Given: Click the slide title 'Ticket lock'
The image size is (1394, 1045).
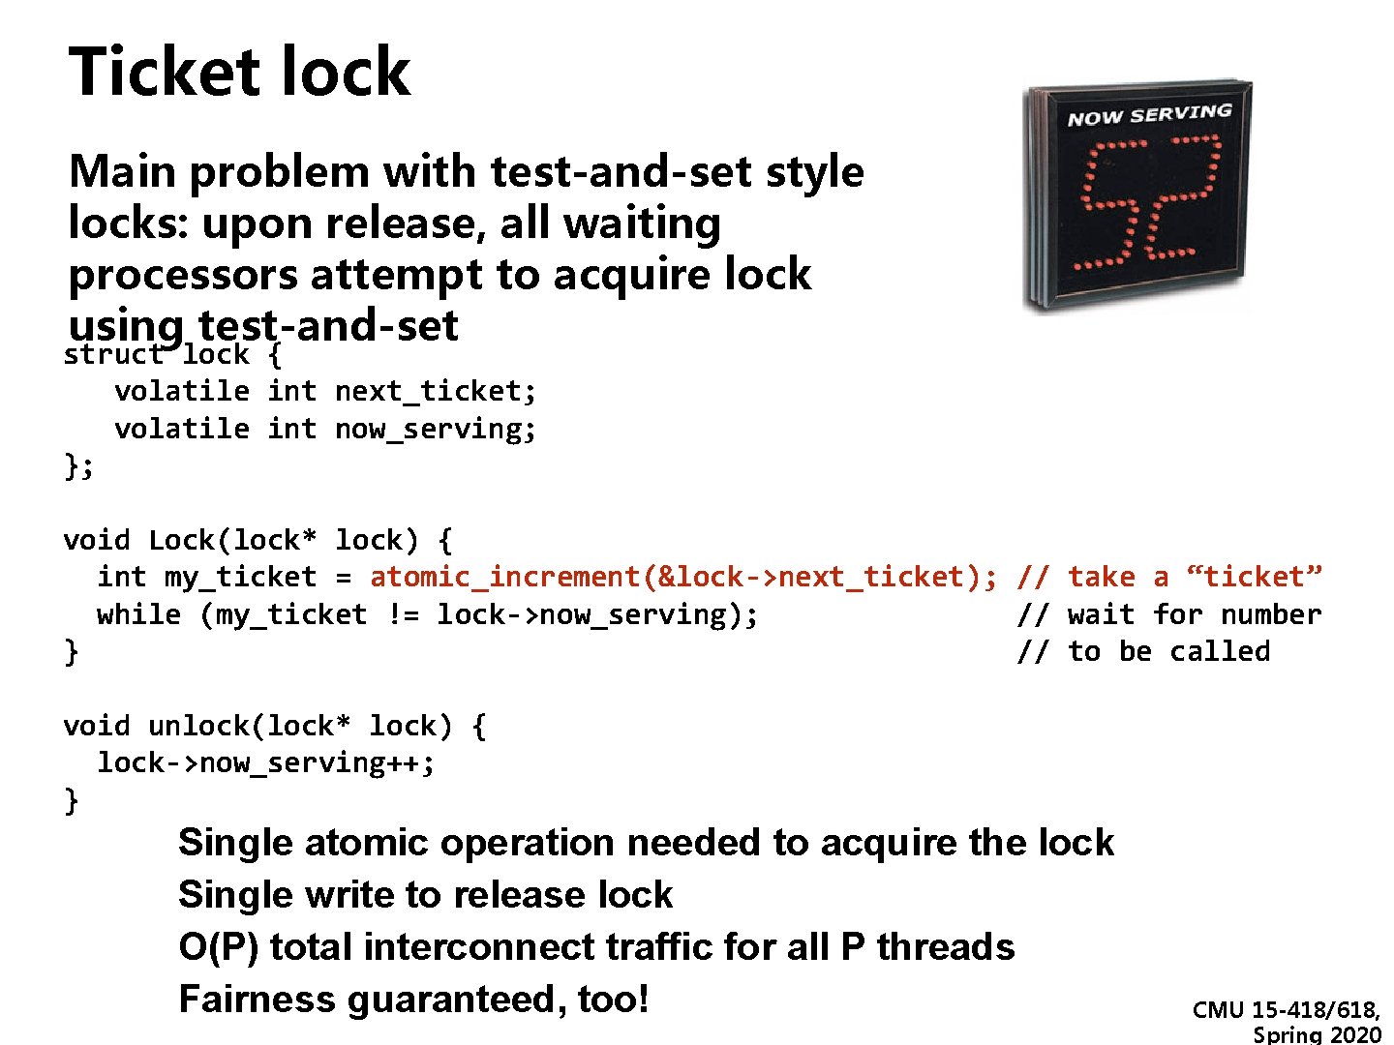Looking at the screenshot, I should pos(239,72).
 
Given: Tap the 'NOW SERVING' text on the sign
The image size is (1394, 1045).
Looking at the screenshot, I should pos(1149,115).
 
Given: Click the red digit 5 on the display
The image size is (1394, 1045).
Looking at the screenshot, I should pos(1111,203).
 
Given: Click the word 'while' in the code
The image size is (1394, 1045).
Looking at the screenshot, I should pos(138,614).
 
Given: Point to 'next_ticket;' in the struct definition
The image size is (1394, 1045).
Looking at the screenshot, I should pos(435,391).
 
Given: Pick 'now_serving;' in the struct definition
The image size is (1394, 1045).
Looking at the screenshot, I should pos(435,429).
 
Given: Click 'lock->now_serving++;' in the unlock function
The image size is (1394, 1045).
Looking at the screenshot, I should pos(266,762).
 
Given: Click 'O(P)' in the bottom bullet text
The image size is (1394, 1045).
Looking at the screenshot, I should pos(219,946).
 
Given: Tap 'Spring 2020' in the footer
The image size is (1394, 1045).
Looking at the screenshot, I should pos(1317,1034).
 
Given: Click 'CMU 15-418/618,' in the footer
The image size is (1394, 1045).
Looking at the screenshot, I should pos(1287,1010).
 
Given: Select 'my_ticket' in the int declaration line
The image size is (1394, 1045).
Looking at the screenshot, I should pos(240,577).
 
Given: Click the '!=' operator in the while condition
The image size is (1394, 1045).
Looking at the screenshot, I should pos(402,614).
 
